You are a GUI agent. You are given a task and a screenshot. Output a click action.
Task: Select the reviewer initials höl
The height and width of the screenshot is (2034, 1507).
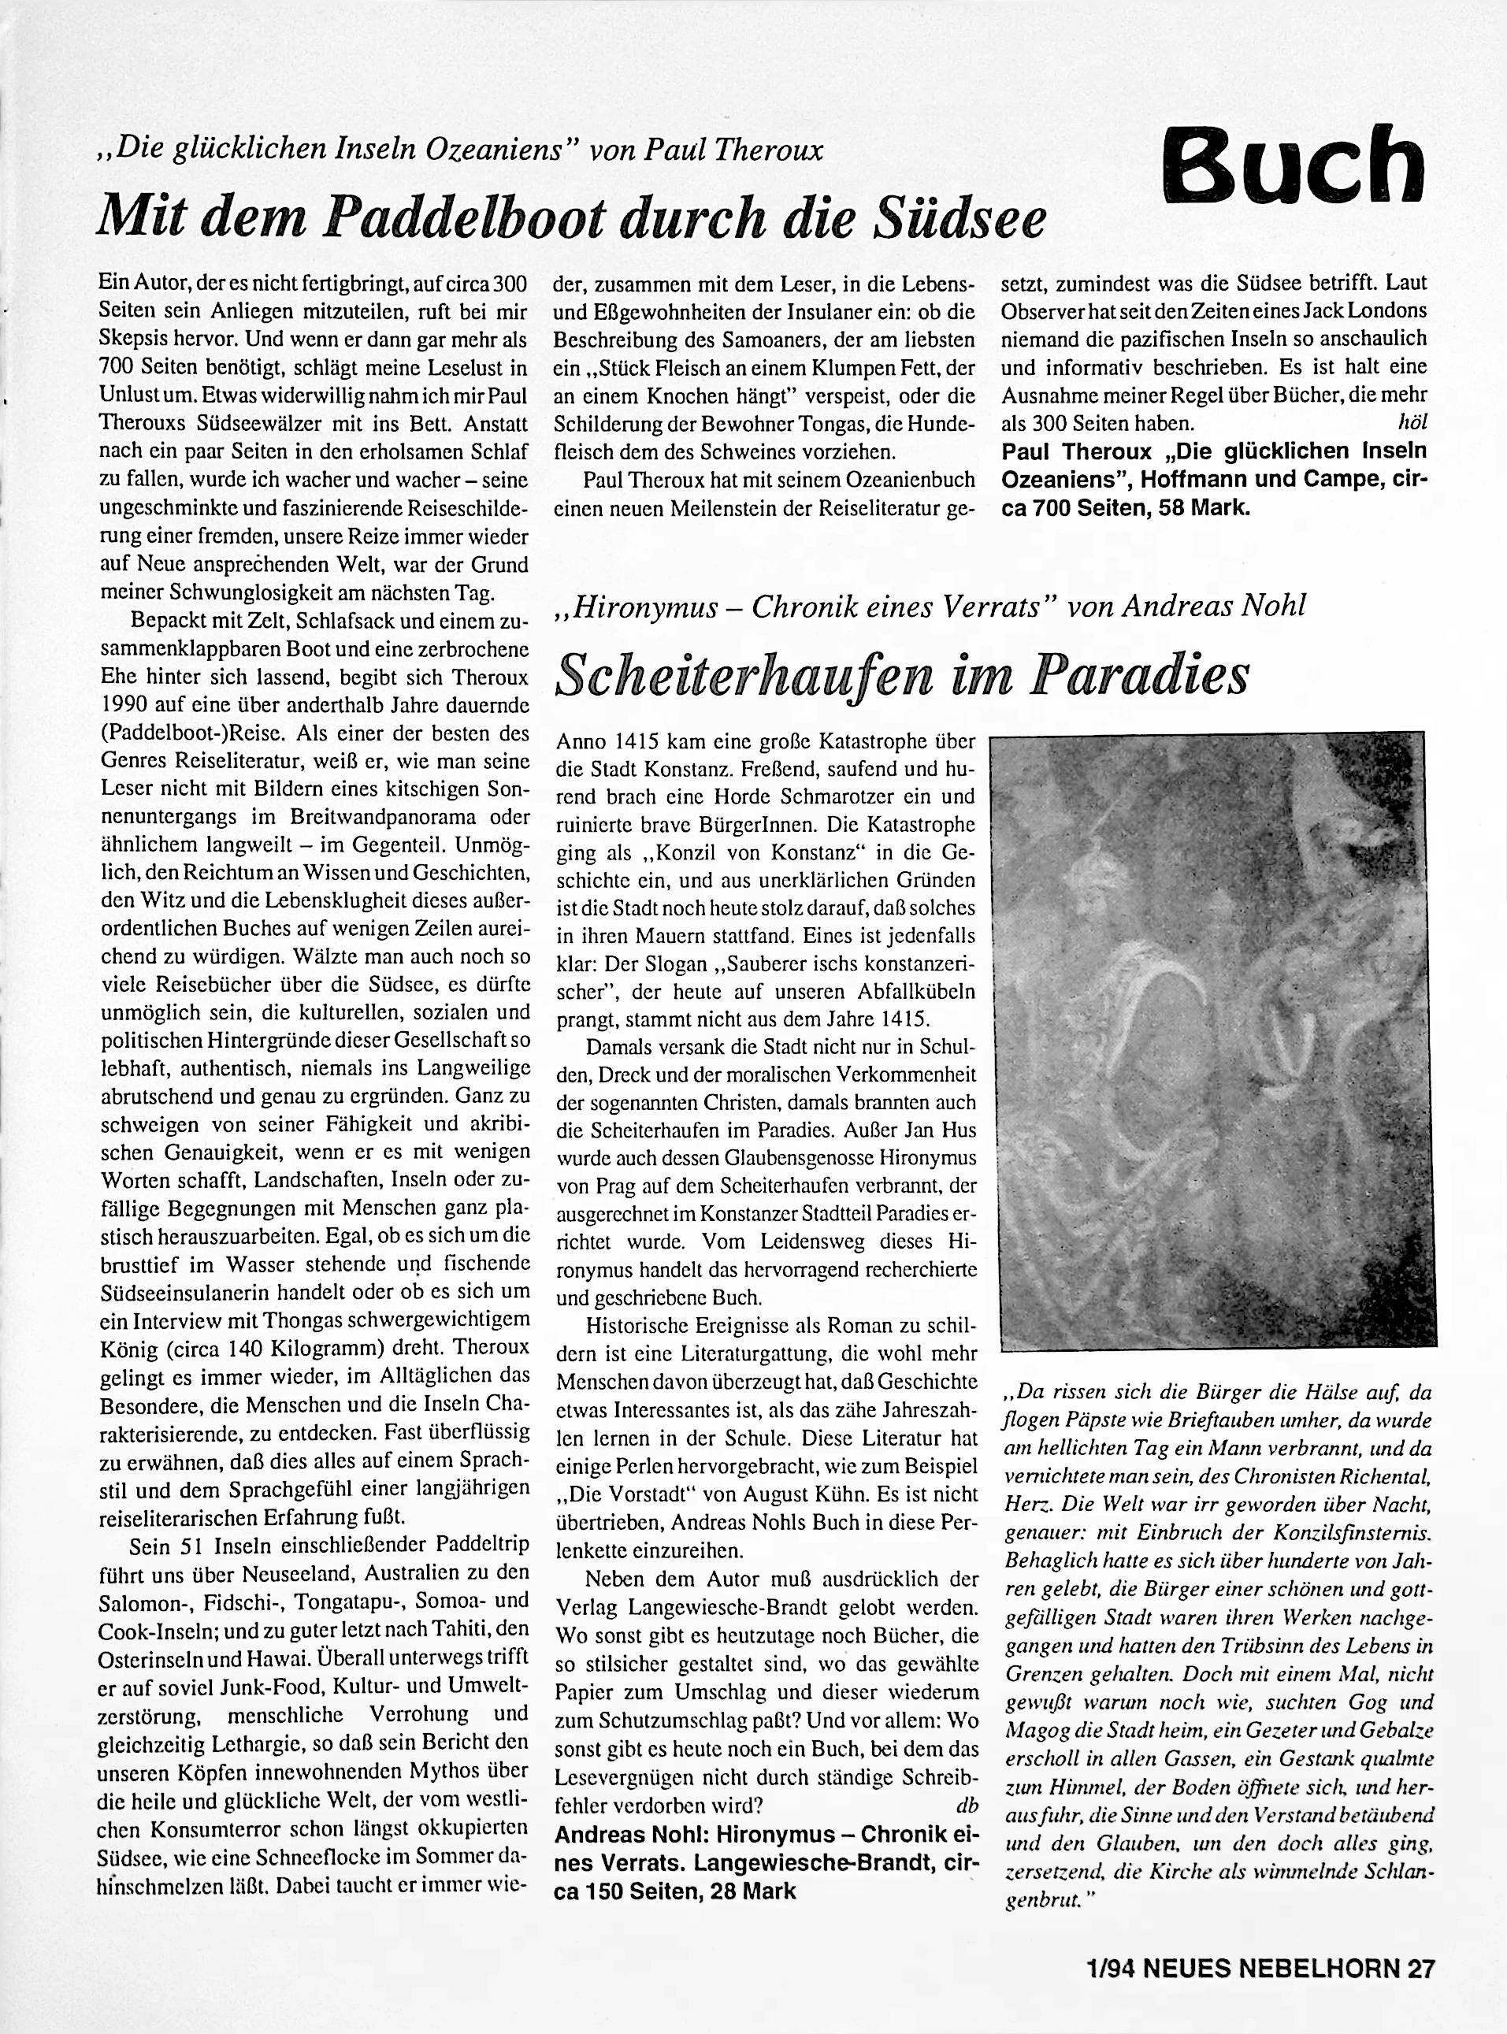1410,423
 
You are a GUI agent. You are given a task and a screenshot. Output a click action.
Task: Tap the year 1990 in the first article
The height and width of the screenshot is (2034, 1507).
124,704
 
